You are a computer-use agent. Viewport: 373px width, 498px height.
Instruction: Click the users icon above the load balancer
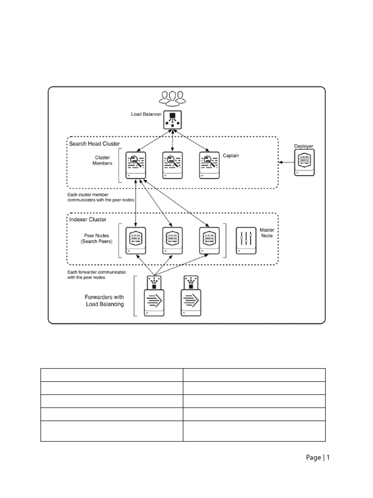pos(173,98)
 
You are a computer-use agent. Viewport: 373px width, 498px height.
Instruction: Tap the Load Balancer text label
pos(146,114)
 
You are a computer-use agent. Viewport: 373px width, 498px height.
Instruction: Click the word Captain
pos(232,156)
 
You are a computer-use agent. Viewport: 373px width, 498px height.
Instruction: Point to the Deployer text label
pos(304,146)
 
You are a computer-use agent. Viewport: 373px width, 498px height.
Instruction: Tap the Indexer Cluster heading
pos(88,220)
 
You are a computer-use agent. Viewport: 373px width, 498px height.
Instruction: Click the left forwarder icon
pos(154,296)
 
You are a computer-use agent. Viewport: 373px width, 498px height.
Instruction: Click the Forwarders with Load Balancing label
pos(104,301)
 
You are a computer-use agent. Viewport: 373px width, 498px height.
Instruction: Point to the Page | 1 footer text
pos(318,457)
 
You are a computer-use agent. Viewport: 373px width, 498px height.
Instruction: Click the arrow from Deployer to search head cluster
pos(285,162)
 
